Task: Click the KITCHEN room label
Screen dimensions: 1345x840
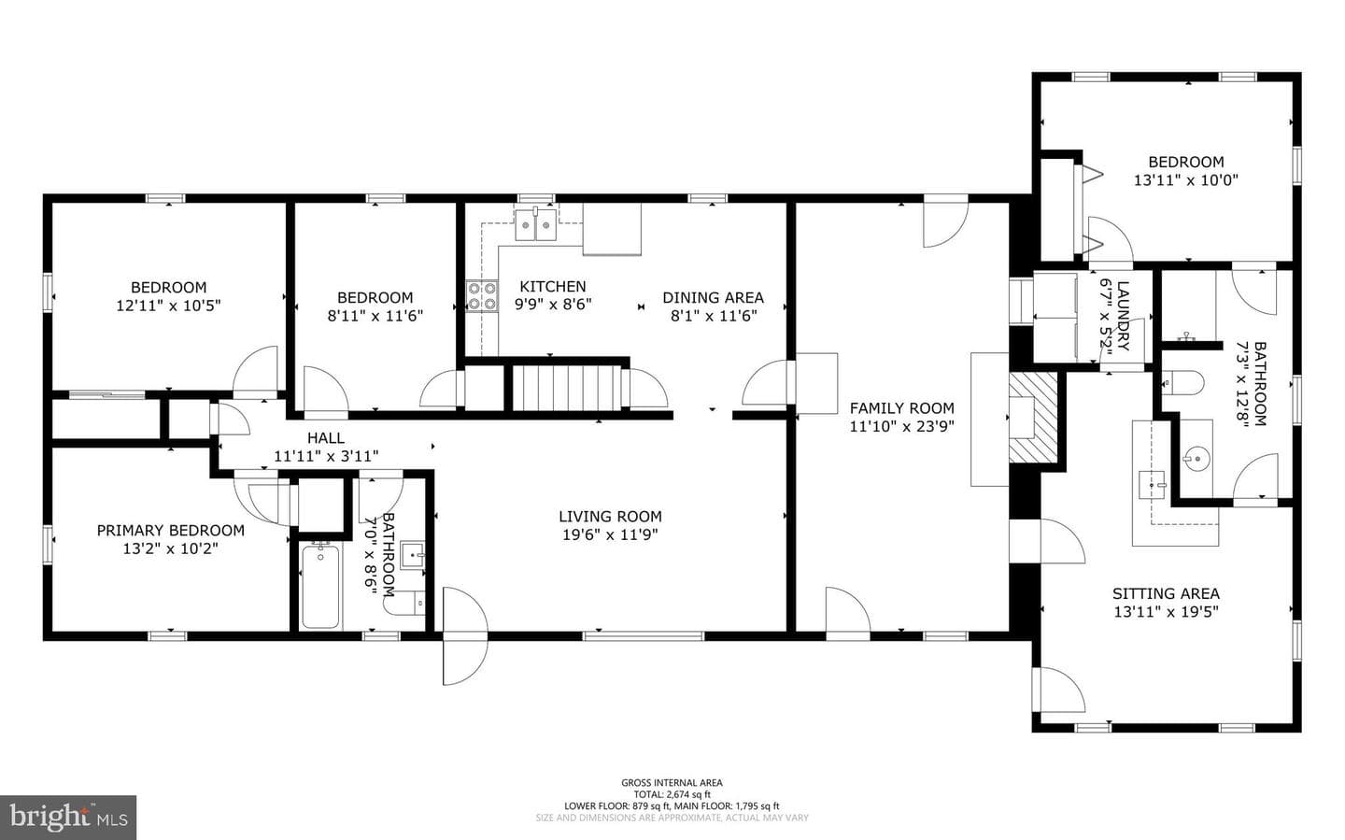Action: pyautogui.click(x=552, y=287)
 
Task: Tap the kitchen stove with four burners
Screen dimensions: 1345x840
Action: pyautogui.click(x=482, y=296)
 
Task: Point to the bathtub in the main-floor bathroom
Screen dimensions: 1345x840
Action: pyautogui.click(x=320, y=586)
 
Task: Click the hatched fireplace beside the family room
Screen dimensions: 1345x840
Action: pyautogui.click(x=1033, y=418)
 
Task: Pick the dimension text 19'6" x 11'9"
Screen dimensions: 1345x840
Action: pyautogui.click(x=610, y=534)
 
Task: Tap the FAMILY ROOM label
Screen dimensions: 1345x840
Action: pyautogui.click(x=902, y=408)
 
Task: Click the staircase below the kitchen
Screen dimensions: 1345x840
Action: pyautogui.click(x=567, y=388)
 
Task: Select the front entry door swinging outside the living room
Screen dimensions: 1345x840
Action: pyautogui.click(x=465, y=635)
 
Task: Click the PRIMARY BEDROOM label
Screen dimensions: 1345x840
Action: pyautogui.click(x=171, y=531)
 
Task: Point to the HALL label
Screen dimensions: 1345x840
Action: pyautogui.click(x=326, y=438)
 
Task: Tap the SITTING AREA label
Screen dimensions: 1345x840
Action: pyautogui.click(x=1166, y=593)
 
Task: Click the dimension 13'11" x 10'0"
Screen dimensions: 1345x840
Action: pyautogui.click(x=1186, y=180)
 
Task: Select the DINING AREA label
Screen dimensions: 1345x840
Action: pyautogui.click(x=714, y=297)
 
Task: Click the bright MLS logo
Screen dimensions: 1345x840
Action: pyautogui.click(x=68, y=818)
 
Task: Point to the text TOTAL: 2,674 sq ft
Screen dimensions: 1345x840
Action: pyautogui.click(x=672, y=794)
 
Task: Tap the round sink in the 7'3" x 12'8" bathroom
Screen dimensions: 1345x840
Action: pyautogui.click(x=1196, y=460)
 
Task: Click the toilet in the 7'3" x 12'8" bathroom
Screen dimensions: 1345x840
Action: pyautogui.click(x=1182, y=383)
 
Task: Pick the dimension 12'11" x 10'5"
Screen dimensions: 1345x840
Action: pyautogui.click(x=168, y=306)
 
